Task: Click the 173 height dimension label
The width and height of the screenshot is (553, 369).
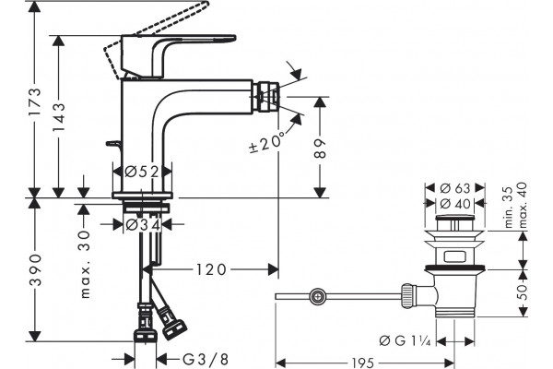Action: click(35, 101)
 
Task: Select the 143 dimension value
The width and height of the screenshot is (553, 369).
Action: click(59, 117)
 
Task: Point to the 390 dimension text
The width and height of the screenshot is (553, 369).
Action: click(35, 269)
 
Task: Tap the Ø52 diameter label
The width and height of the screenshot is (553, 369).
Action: click(142, 172)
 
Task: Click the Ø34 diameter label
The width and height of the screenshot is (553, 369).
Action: click(143, 224)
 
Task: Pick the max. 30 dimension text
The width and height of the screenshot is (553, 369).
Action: click(85, 265)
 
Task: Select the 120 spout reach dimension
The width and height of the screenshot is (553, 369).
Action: click(211, 269)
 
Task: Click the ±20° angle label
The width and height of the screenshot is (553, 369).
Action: click(266, 142)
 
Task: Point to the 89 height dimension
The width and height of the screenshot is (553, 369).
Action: click(320, 149)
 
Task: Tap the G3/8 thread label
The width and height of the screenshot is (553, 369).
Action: click(206, 360)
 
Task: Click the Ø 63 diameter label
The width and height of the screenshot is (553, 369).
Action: click(455, 188)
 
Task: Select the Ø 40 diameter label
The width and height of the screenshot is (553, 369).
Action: click(455, 203)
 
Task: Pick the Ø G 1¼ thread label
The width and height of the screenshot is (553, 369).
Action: click(405, 340)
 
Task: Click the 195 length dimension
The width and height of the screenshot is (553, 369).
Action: click(363, 363)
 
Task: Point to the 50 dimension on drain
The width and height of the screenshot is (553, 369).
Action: click(523, 292)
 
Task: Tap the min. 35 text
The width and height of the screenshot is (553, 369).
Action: click(509, 207)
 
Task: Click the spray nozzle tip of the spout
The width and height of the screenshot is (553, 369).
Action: click(269, 97)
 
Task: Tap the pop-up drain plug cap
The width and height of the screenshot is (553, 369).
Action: click(455, 217)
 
